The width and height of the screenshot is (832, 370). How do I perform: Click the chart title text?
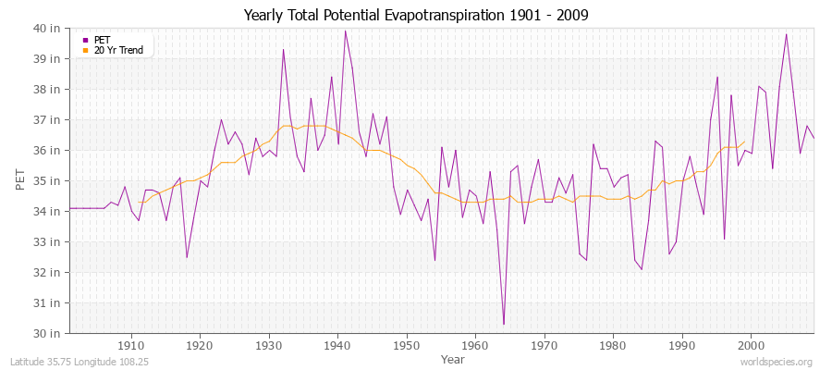pyautogui.click(x=416, y=15)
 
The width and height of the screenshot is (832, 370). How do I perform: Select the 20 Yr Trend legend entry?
pyautogui.click(x=119, y=50)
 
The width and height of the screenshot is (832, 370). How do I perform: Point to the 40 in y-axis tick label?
pyautogui.click(x=49, y=28)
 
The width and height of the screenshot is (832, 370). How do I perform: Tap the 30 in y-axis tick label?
pyautogui.click(x=49, y=333)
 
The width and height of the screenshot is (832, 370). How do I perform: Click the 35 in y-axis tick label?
pyautogui.click(x=49, y=180)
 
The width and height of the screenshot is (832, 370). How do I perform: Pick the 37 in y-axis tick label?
pyautogui.click(x=49, y=119)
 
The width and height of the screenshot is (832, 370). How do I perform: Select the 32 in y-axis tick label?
pyautogui.click(x=49, y=272)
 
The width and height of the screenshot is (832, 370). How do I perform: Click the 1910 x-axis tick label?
pyautogui.click(x=130, y=345)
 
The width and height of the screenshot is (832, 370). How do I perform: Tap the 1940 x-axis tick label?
pyautogui.click(x=337, y=345)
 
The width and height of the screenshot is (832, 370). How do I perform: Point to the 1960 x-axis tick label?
pyautogui.click(x=475, y=345)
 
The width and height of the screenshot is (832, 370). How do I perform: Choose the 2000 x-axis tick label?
pyautogui.click(x=751, y=345)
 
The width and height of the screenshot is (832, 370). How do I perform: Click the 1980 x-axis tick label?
pyautogui.click(x=613, y=345)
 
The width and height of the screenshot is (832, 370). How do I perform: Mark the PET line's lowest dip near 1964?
pyautogui.click(x=503, y=324)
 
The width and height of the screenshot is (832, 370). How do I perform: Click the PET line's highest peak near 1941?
pyautogui.click(x=345, y=31)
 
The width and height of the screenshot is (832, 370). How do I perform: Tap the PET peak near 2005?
pyautogui.click(x=786, y=34)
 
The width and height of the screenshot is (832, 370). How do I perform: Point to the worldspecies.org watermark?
pyautogui.click(x=777, y=362)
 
